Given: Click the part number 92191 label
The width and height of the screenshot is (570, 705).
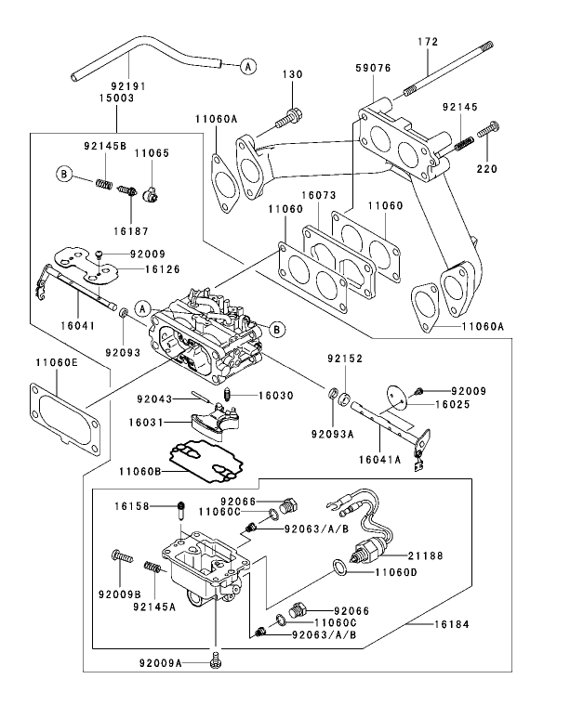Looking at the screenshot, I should click(116, 85).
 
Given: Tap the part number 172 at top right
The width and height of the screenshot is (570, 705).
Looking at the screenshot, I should click(427, 42).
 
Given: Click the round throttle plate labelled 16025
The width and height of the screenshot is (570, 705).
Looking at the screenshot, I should click(397, 398).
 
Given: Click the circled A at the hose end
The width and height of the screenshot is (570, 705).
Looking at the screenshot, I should click(247, 65).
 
